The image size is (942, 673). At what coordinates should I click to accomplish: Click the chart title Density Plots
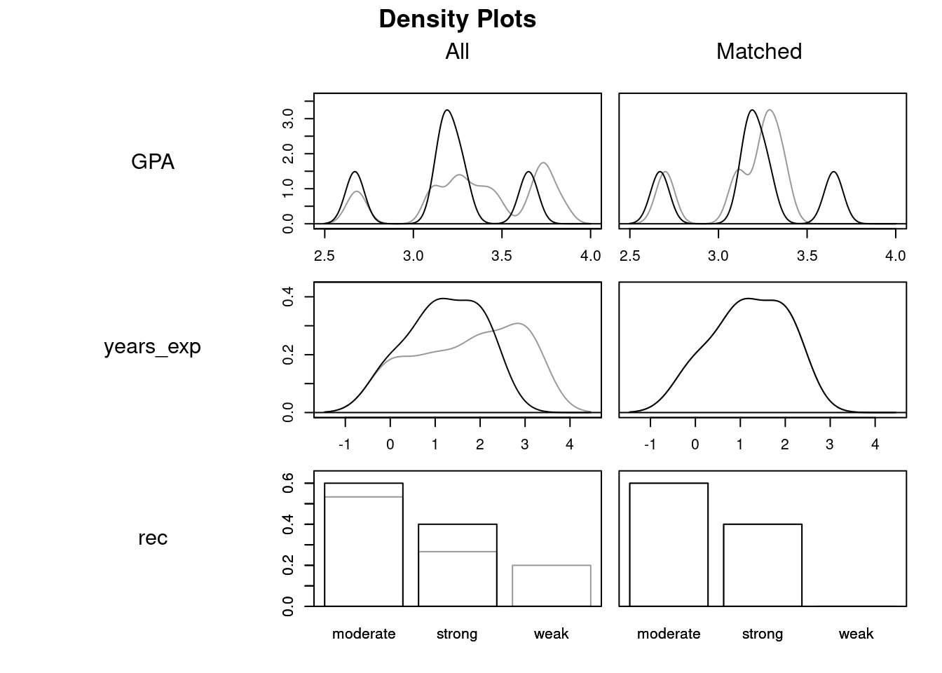point(457,19)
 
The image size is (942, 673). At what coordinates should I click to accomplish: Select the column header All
point(457,51)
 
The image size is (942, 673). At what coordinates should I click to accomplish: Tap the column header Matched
point(758,51)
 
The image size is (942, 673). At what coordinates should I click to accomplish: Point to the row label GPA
point(153,162)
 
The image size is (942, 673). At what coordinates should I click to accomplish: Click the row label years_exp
point(153,347)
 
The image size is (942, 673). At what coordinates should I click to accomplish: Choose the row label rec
point(153,538)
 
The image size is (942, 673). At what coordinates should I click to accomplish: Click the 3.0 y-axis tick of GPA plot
point(288,119)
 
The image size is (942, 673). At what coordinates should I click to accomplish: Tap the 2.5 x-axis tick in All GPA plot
point(325,256)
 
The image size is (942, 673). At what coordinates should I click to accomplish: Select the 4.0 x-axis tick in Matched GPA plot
point(896,256)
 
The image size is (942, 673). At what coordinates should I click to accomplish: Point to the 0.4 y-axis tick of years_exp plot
point(288,297)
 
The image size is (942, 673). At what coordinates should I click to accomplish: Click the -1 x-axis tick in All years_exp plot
point(345,444)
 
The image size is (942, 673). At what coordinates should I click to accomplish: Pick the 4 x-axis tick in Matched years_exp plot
point(875,444)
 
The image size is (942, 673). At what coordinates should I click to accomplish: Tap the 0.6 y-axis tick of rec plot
point(288,483)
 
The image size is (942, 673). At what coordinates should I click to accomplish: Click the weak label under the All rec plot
point(551,634)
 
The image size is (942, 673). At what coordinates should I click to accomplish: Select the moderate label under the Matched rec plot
point(669,634)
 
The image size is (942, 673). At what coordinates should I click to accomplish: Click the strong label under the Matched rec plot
point(763,634)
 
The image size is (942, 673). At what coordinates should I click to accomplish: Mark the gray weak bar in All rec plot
point(551,585)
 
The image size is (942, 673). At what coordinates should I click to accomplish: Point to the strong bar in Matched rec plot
point(763,565)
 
